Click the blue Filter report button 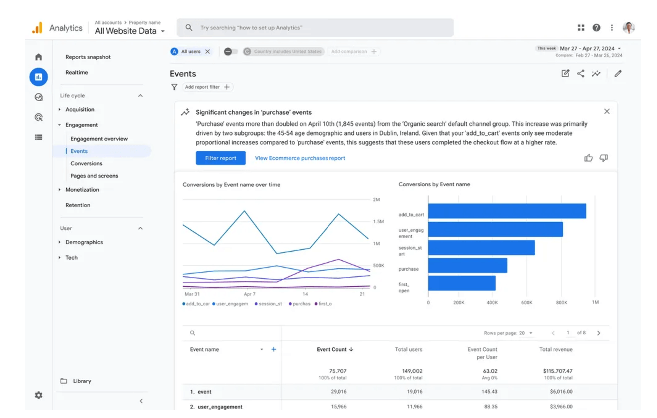[x=220, y=158]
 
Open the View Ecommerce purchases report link [x=300, y=158]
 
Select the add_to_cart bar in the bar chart [x=506, y=211]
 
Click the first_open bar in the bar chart [x=461, y=283]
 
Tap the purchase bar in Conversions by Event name [x=467, y=265]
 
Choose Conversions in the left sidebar [x=86, y=164]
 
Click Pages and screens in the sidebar [x=94, y=176]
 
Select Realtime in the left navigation [x=77, y=73]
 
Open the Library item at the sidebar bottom [x=82, y=381]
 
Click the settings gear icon [x=39, y=395]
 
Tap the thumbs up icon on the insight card [x=588, y=158]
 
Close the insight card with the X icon [x=607, y=112]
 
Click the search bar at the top [x=315, y=28]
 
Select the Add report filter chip [x=207, y=87]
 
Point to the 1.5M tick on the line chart [x=378, y=222]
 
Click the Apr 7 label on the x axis [x=249, y=294]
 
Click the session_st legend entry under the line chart [x=268, y=304]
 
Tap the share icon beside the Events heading [x=580, y=74]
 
